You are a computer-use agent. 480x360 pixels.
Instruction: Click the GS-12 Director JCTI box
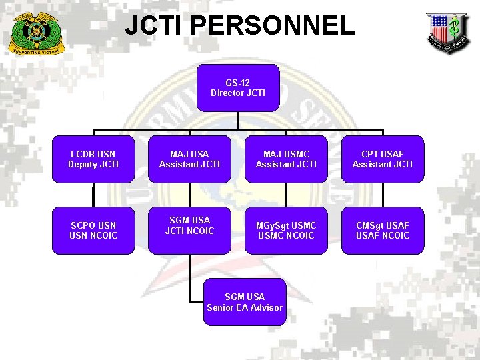pyautogui.click(x=238, y=87)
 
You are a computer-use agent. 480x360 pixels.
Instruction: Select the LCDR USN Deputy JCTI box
pyautogui.click(x=93, y=159)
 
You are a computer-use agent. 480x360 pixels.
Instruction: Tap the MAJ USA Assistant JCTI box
pyautogui.click(x=189, y=159)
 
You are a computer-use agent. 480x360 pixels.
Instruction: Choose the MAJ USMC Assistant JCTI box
pyautogui.click(x=286, y=159)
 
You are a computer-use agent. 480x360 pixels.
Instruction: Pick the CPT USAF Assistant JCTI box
pyautogui.click(x=383, y=159)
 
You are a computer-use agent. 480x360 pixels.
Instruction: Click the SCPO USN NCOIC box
pyautogui.click(x=93, y=231)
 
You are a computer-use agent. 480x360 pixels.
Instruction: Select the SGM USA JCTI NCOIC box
pyautogui.click(x=189, y=231)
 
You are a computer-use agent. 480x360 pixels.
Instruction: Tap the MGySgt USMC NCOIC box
pyautogui.click(x=286, y=231)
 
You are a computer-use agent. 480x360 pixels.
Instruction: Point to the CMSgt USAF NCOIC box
pyautogui.click(x=383, y=231)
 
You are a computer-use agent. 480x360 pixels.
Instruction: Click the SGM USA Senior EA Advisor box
pyautogui.click(x=245, y=302)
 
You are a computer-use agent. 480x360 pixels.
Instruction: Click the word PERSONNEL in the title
pyautogui.click(x=272, y=26)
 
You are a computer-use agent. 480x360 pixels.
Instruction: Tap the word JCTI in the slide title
pyautogui.click(x=155, y=26)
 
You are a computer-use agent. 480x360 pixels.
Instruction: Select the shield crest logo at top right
pyautogui.click(x=447, y=32)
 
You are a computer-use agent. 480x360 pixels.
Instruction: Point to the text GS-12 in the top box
pyautogui.click(x=238, y=83)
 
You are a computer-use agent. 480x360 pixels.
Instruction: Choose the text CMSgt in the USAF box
pyautogui.click(x=369, y=225)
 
